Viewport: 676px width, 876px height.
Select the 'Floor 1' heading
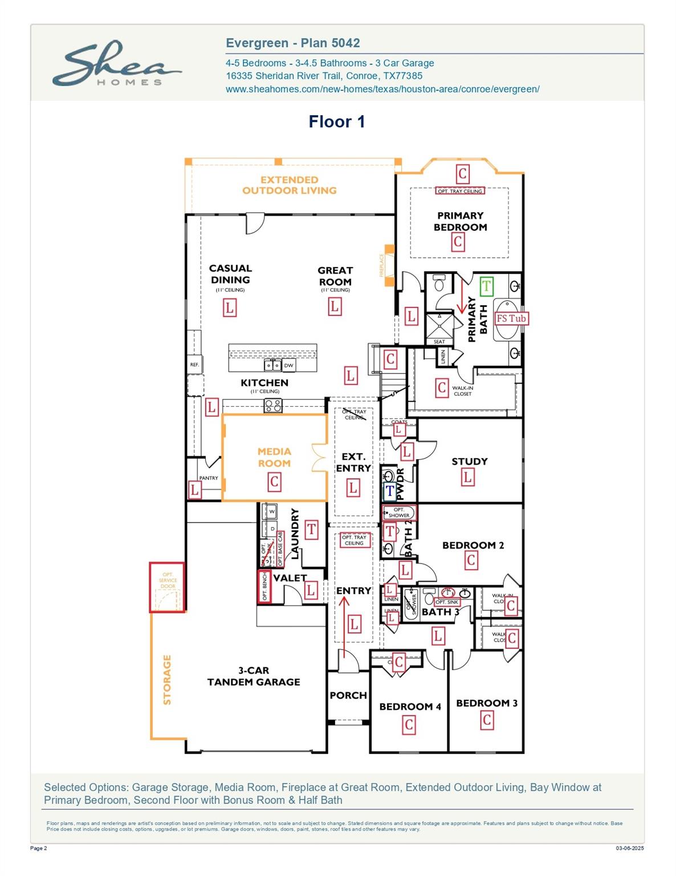coord(336,121)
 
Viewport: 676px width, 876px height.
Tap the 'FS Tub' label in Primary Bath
coord(511,318)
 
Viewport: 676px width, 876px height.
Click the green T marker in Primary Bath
coord(486,286)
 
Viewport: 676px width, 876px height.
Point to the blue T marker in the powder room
coord(390,490)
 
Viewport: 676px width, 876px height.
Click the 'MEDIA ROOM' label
coord(274,457)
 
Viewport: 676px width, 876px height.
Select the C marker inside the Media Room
coord(274,482)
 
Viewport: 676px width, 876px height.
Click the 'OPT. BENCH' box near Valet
coord(264,586)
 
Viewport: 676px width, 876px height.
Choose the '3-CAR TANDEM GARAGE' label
coord(254,676)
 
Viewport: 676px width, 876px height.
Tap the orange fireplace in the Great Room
coord(389,265)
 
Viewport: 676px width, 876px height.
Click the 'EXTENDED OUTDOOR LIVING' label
coord(290,185)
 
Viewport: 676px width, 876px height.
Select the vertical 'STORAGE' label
coord(167,680)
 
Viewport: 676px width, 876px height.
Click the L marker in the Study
coord(467,477)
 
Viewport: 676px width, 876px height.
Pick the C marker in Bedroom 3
coord(487,720)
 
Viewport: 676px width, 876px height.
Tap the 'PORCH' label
coord(348,695)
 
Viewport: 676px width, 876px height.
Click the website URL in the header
coord(382,89)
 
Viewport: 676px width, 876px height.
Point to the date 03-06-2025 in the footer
coord(629,849)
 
